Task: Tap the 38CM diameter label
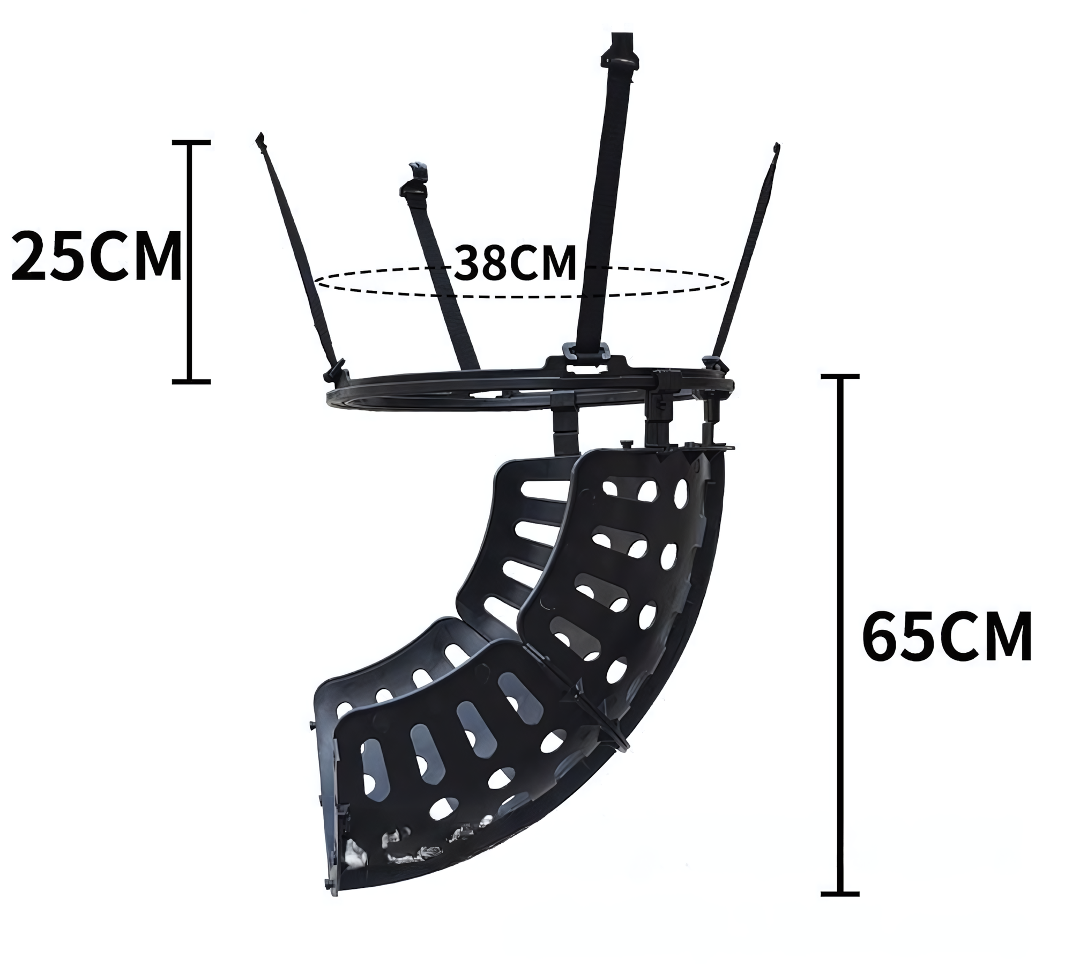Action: point(515,263)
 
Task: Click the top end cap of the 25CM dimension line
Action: point(191,143)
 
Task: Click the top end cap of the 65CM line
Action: point(840,377)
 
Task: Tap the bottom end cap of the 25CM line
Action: point(191,381)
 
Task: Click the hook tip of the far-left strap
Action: point(261,141)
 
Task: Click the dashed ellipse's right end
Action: point(728,280)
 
